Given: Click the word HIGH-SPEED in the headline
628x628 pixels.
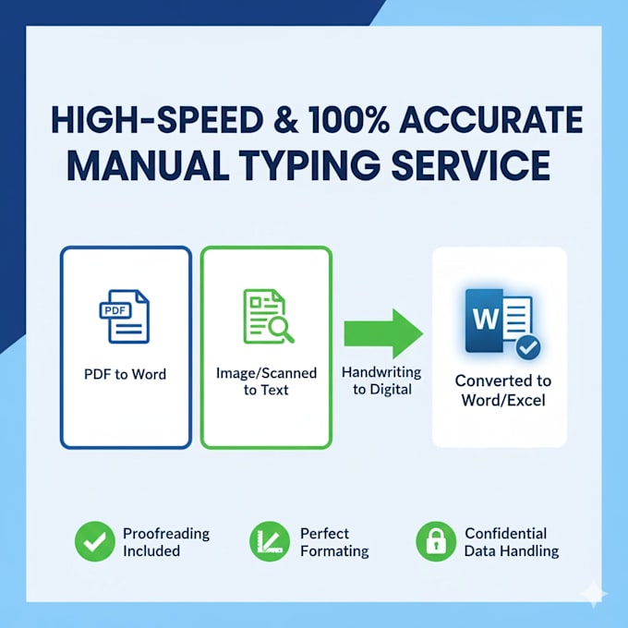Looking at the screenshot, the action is point(157,120).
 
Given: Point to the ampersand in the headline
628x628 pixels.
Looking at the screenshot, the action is point(285,120).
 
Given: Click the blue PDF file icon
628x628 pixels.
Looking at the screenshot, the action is point(124,317).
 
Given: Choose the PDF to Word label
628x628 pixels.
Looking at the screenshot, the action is point(125,374).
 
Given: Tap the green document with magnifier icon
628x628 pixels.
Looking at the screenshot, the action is point(269,317).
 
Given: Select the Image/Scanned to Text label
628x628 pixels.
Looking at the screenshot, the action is point(266,381).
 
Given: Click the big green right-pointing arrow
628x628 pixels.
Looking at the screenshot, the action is point(383,333).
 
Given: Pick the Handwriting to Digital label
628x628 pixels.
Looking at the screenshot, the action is point(381,380).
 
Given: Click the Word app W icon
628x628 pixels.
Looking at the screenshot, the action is point(500,321).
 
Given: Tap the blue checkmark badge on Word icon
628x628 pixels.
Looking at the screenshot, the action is point(528,347).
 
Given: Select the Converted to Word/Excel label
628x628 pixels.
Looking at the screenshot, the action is point(503,390).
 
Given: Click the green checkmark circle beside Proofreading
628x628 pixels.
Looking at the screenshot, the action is point(94,541).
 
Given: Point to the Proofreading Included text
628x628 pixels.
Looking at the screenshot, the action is point(166,542).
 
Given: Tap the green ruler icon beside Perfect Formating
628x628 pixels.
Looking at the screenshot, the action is point(270,541).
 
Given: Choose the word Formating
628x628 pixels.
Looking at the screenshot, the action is point(334,551).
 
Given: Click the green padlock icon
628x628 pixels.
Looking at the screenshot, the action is point(436,541).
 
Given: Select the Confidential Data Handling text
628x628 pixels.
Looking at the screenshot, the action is point(512,542).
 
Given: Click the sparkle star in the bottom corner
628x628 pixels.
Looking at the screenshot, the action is point(595,594).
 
